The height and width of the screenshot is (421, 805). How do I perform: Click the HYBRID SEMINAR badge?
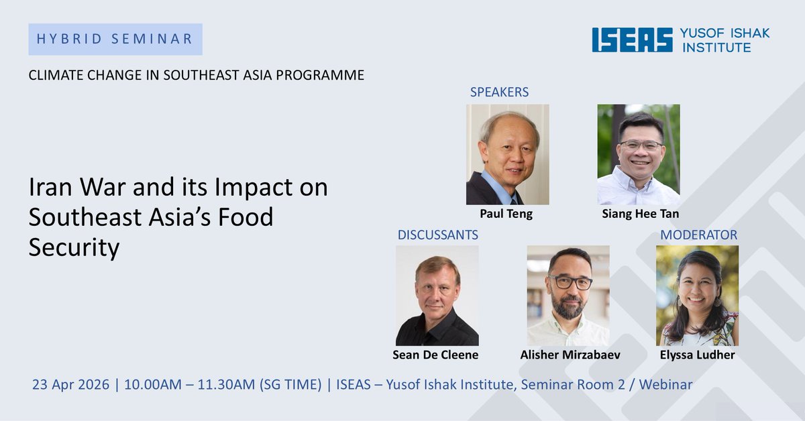(115, 39)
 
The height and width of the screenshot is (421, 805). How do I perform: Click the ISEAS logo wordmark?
(632, 40)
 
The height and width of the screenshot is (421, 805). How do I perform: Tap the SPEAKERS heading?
(499, 92)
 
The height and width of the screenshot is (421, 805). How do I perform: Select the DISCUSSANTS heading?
(437, 235)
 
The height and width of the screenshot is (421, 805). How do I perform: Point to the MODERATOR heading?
(698, 235)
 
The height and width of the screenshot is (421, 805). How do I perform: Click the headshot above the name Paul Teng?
(507, 154)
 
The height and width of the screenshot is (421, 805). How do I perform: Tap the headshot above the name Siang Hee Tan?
(638, 154)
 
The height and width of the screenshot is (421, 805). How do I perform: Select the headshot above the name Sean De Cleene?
(437, 296)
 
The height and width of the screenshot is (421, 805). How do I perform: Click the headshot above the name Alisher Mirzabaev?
(568, 296)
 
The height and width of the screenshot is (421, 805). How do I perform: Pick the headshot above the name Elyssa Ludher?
(697, 296)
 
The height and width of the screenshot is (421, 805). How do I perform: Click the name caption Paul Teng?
(507, 214)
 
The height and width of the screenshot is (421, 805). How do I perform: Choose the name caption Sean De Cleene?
(435, 355)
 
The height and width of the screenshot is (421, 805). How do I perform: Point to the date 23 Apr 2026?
(70, 385)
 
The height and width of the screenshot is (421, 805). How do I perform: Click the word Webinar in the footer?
(665, 385)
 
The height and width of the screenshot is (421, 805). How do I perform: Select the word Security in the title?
(74, 247)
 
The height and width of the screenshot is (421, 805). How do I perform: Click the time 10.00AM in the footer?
(150, 385)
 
